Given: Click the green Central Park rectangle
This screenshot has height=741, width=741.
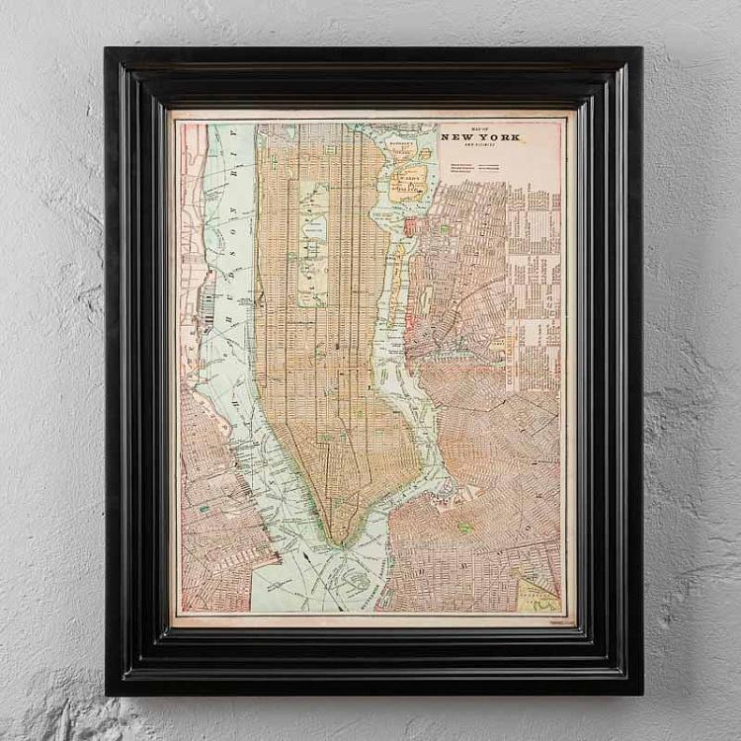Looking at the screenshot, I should (x=313, y=242).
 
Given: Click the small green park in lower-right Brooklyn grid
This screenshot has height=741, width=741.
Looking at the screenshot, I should (x=465, y=529).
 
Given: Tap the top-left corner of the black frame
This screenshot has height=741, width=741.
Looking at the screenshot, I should (x=107, y=49).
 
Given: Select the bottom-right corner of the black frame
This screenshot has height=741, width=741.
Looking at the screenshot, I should (x=640, y=693).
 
